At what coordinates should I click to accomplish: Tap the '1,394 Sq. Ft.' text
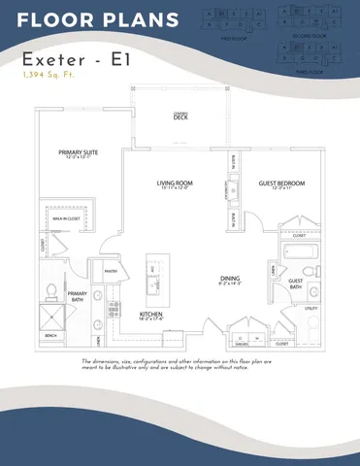pyautogui.click(x=50, y=75)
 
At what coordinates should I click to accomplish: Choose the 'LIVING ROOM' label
pyautogui.click(x=177, y=182)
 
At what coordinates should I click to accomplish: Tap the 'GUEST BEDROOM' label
pyautogui.click(x=281, y=183)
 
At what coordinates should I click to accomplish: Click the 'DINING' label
pyautogui.click(x=229, y=280)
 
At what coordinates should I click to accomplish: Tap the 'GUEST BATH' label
pyautogui.click(x=296, y=283)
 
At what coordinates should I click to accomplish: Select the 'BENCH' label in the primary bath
pyautogui.click(x=50, y=336)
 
